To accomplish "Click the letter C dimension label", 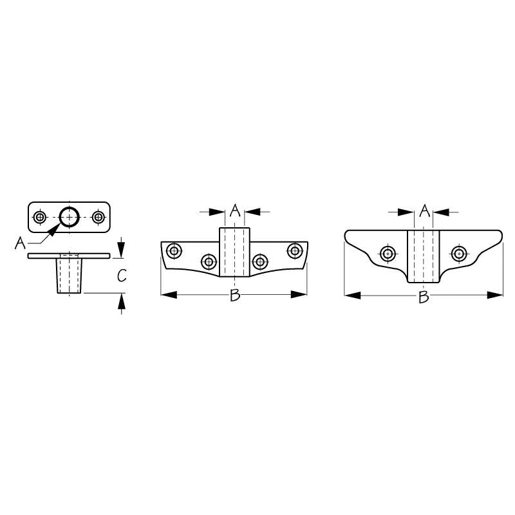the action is (122, 276).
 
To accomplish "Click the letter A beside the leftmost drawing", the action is (20, 243).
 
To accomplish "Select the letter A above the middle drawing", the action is (235, 211).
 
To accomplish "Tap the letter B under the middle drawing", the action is (235, 295).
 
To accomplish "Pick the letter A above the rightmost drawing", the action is (425, 211).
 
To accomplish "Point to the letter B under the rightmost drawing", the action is (424, 297).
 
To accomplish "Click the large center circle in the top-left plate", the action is (70, 217).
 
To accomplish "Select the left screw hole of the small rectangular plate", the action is (40, 217).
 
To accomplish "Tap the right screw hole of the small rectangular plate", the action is (98, 217).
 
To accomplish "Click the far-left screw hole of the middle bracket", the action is (174, 251).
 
